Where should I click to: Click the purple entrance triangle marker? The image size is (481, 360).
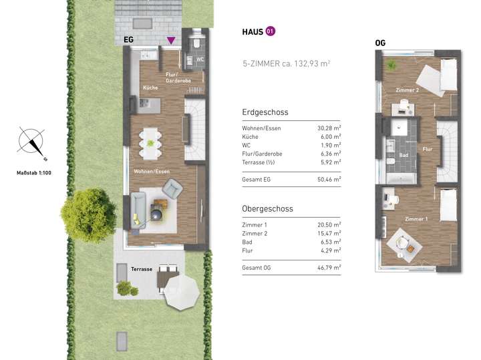tap(172, 41)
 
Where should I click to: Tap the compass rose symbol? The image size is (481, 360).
tap(31, 142)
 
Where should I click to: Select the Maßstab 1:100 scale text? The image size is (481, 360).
tap(33, 173)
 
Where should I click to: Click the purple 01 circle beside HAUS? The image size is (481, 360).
tap(270, 31)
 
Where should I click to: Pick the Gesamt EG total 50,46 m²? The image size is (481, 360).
tap(328, 179)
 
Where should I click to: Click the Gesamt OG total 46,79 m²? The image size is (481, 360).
tap(328, 268)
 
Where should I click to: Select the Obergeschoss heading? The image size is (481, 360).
tap(267, 209)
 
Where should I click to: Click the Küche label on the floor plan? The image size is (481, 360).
tap(150, 88)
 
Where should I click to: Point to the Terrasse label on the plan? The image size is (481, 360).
tap(142, 268)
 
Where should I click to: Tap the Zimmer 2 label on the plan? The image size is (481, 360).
tap(408, 89)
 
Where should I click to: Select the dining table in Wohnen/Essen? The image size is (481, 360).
tap(150, 142)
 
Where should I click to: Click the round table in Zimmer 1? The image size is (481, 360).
tap(405, 242)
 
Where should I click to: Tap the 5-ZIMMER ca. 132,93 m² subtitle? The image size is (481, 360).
tap(287, 63)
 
